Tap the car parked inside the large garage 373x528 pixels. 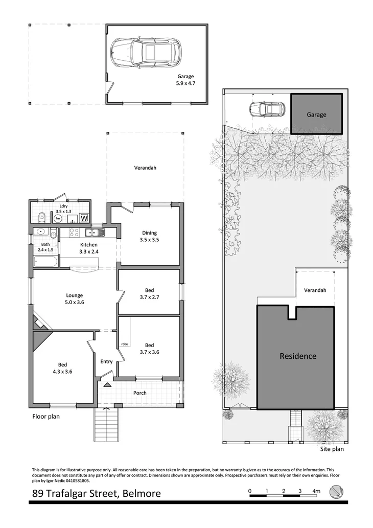pos(146,51)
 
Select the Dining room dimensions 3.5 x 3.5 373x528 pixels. pos(150,240)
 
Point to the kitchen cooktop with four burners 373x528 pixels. pos(72,234)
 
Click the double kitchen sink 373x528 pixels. pos(95,234)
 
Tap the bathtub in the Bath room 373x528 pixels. pos(46,262)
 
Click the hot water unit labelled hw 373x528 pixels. pos(58,218)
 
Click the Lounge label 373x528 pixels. pos(74,295)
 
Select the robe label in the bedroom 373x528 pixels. pos(124,345)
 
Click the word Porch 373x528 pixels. pos(139,393)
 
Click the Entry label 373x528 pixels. pos(106,361)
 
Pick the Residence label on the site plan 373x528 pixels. pos(298,356)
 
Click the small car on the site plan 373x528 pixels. pos(266,109)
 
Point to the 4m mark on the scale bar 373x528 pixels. pos(316,491)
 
